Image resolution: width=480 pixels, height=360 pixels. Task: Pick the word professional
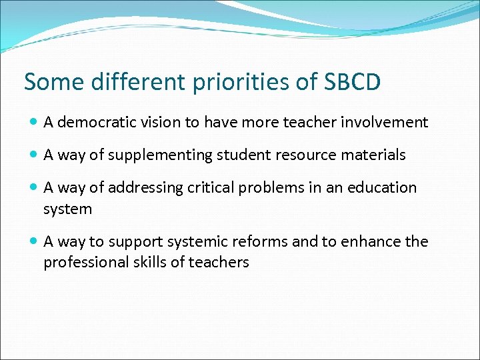pyautogui.click(x=82, y=263)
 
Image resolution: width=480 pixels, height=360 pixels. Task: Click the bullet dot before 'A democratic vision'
pyautogui.click(x=34, y=123)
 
